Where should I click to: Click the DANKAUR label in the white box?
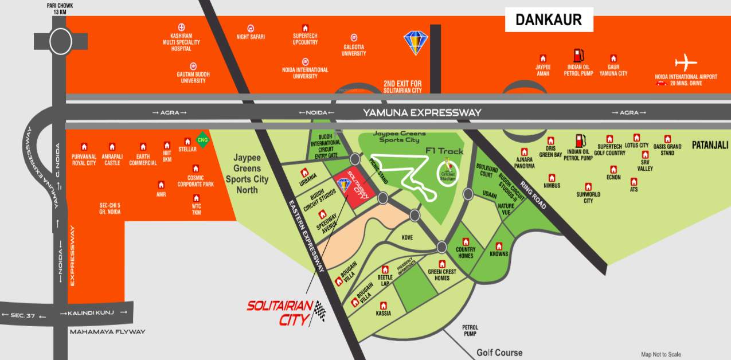(549, 20)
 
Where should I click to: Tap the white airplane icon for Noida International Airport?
(685, 62)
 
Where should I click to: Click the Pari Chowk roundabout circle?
(60, 41)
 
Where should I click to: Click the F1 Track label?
(444, 151)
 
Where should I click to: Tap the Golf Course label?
(499, 353)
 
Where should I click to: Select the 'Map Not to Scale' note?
(660, 354)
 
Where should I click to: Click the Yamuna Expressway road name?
(422, 113)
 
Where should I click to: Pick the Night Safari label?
(251, 37)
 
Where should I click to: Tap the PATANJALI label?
(709, 145)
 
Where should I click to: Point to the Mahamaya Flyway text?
(107, 332)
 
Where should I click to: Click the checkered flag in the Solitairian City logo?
(319, 311)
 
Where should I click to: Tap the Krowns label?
(499, 254)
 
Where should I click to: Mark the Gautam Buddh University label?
(191, 77)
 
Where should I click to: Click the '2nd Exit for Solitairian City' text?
(402, 87)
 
